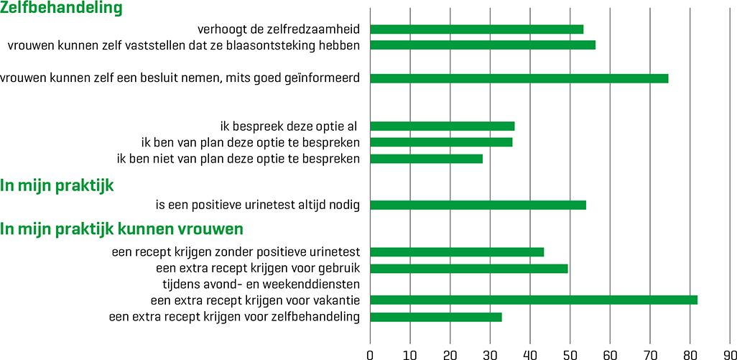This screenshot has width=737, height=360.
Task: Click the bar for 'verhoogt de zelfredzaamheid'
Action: (x=476, y=29)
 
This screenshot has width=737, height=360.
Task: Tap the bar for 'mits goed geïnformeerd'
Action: (x=519, y=78)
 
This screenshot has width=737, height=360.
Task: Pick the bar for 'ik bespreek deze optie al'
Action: (x=442, y=126)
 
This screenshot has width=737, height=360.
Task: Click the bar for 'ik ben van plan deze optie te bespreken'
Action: (x=441, y=142)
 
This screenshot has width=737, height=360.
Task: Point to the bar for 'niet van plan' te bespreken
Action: (x=426, y=158)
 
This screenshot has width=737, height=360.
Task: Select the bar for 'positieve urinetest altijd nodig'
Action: (x=478, y=205)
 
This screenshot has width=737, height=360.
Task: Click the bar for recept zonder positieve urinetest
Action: (x=457, y=252)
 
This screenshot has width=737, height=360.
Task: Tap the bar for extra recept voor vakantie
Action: (x=534, y=300)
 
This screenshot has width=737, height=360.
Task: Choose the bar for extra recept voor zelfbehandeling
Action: (x=435, y=316)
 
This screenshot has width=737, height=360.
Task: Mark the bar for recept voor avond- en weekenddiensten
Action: (x=468, y=269)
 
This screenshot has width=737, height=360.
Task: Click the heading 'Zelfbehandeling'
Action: (x=61, y=9)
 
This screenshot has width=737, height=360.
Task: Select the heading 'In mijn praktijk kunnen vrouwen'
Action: (x=121, y=229)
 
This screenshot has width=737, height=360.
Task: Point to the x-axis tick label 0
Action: (x=370, y=353)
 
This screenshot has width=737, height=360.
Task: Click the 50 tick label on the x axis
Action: (x=570, y=353)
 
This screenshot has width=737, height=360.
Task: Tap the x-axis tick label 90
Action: (x=729, y=353)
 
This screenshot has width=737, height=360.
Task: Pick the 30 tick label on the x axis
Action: (x=490, y=353)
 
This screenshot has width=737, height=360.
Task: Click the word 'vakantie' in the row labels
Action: (x=333, y=300)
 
